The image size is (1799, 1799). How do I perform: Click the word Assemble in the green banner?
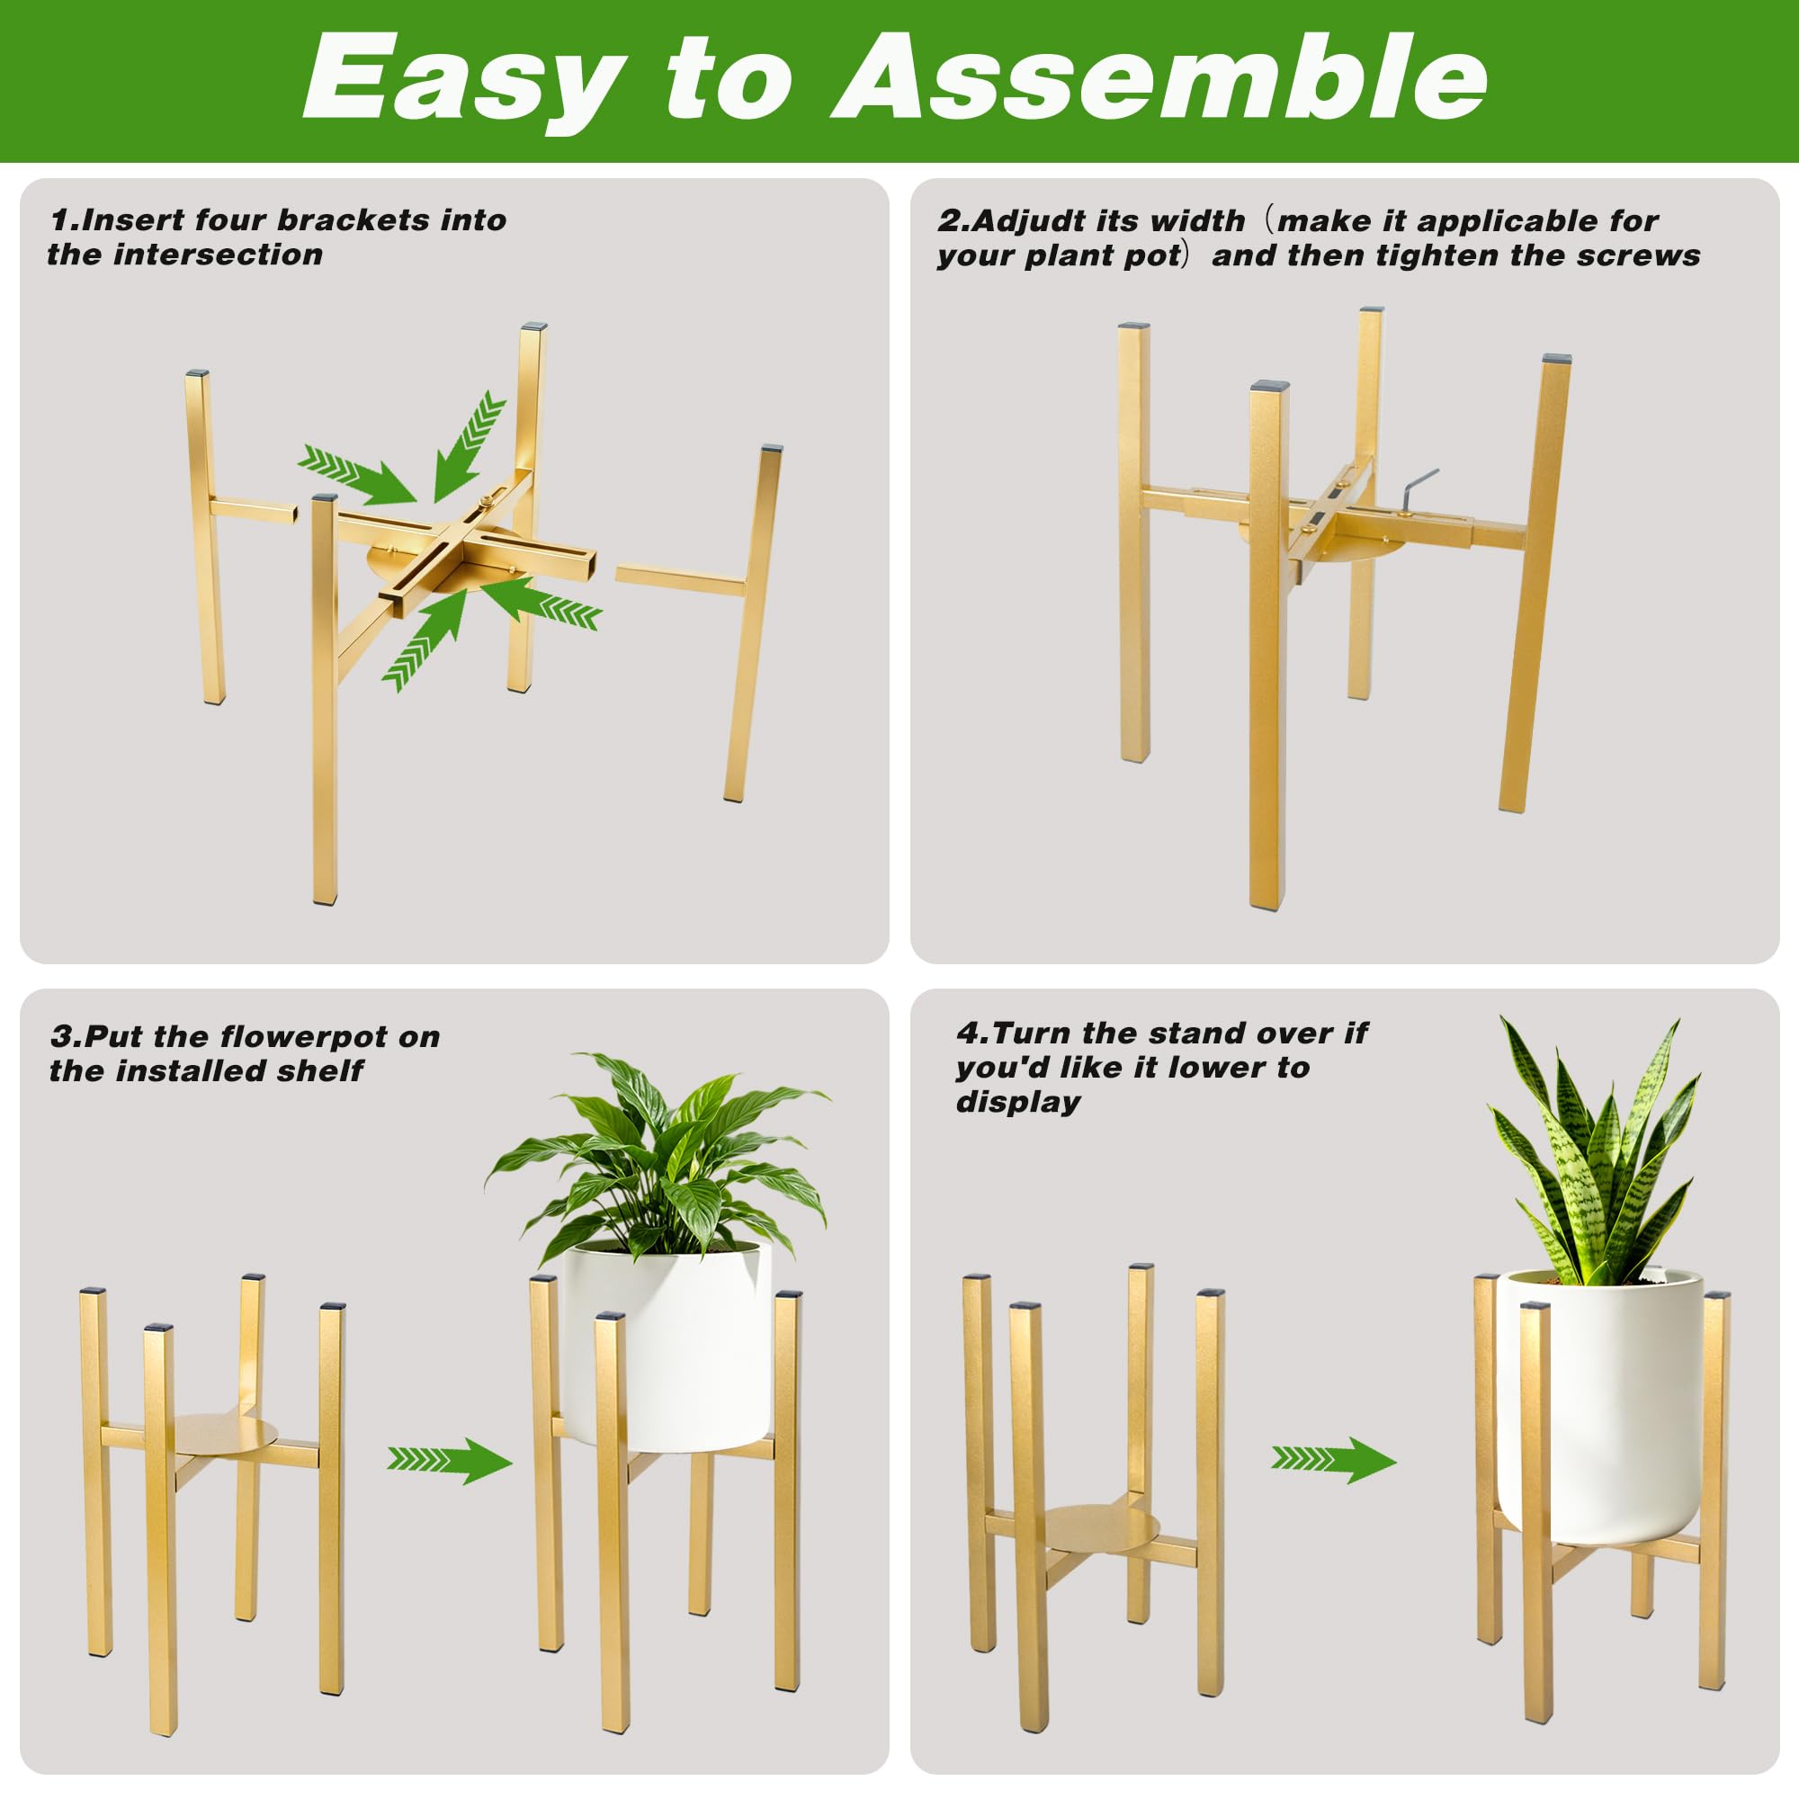tap(1159, 78)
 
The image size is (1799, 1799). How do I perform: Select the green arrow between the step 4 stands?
tap(1334, 1458)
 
